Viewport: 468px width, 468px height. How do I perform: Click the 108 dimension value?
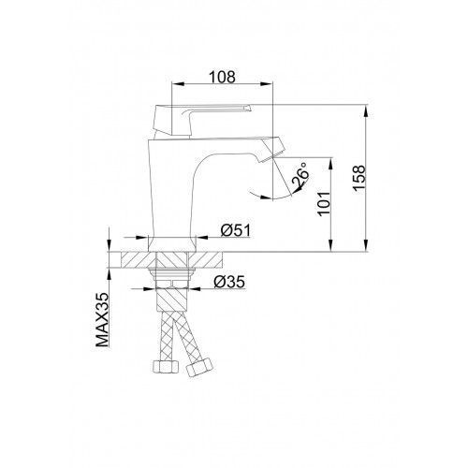pos(222,77)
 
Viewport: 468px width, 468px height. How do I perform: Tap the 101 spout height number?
pos(324,203)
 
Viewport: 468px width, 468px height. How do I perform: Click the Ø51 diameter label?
pos(236,231)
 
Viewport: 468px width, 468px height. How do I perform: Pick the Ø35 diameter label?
pos(229,282)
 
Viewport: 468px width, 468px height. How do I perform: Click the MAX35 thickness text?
pos(102,320)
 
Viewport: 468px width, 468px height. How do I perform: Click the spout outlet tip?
pos(273,150)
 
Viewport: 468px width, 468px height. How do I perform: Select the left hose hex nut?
pos(166,366)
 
